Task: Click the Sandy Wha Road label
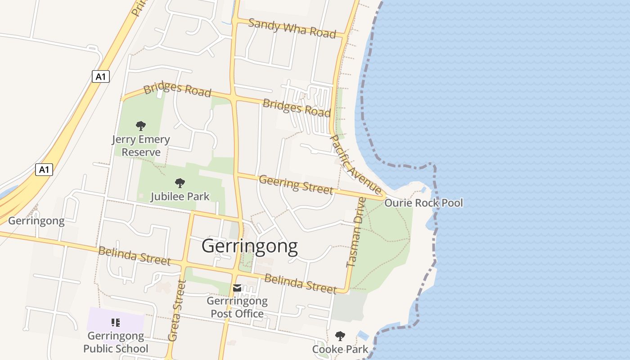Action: (292, 28)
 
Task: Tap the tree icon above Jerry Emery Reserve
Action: (141, 126)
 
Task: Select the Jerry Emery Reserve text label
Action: (141, 146)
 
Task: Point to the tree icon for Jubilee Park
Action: (180, 183)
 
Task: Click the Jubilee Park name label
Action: (180, 196)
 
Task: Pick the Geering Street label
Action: (296, 184)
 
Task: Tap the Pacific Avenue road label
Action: (356, 165)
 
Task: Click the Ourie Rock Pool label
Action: (423, 203)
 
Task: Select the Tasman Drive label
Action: (355, 232)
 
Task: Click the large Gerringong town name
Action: (249, 246)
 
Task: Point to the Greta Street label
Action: (176, 310)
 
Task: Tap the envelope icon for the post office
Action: (237, 288)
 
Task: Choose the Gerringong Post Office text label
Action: (237, 307)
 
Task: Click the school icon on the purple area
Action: (116, 322)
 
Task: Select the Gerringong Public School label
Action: (116, 342)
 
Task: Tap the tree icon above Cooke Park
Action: (340, 336)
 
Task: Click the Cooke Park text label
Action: (340, 349)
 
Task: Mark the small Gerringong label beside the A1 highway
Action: (36, 221)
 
